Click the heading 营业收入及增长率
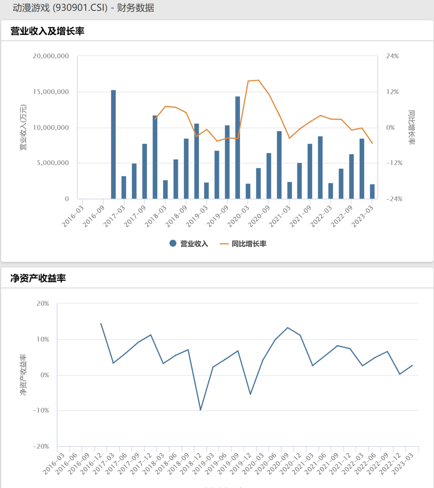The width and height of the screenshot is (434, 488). [x=47, y=31]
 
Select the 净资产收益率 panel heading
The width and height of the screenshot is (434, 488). [x=38, y=278]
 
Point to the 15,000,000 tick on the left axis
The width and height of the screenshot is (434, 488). [x=51, y=92]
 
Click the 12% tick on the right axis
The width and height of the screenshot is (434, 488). [x=393, y=92]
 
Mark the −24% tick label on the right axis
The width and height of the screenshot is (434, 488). [x=394, y=199]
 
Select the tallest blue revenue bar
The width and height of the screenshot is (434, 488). [x=113, y=145]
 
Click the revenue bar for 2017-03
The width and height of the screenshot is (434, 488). [x=124, y=188]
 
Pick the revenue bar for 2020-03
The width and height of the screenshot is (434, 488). [x=248, y=191]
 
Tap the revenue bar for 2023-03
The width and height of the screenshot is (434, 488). [x=372, y=192]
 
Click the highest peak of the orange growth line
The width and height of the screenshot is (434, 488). [x=258, y=80]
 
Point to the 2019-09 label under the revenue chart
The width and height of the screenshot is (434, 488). [x=218, y=216]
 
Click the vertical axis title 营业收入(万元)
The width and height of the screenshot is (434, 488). [x=23, y=127]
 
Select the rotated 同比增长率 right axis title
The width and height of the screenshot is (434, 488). [x=412, y=127]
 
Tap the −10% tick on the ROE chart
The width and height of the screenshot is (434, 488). [x=41, y=410]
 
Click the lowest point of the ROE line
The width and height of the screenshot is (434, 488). [x=201, y=410]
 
